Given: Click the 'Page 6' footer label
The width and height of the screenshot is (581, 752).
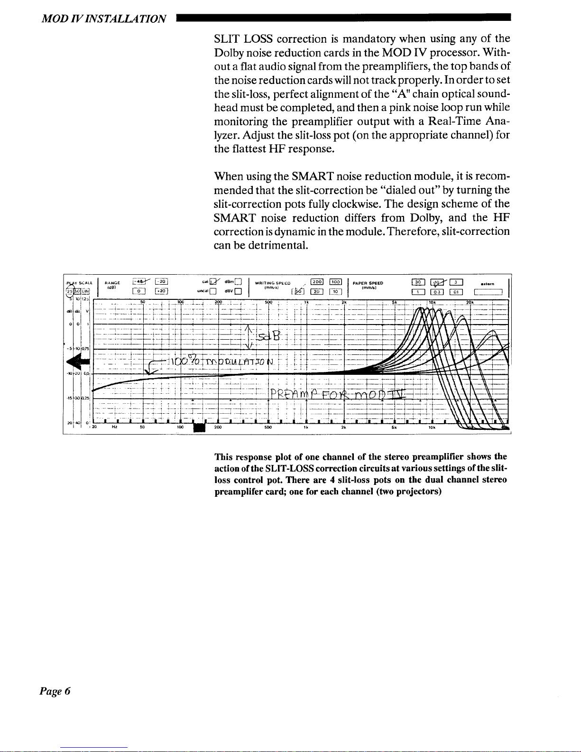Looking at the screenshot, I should click(x=55, y=691).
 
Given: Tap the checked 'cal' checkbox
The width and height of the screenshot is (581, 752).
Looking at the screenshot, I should click(x=213, y=284).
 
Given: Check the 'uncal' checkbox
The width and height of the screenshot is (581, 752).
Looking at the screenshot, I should click(x=213, y=291).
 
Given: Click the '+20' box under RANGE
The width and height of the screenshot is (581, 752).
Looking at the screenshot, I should click(x=159, y=291).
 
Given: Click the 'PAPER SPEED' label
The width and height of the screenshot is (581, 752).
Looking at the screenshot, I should click(x=368, y=283).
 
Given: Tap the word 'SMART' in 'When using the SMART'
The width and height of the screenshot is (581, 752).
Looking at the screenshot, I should click(x=313, y=176).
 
